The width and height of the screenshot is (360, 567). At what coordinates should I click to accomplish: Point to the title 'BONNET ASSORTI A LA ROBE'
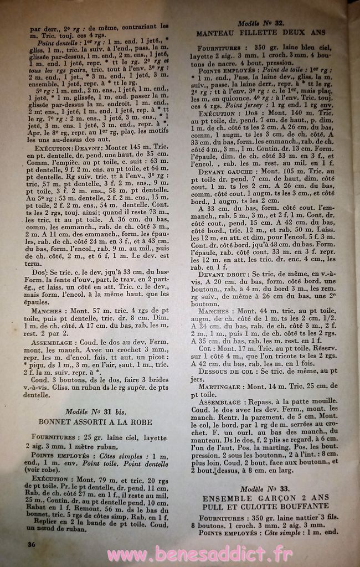pos(95,421)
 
